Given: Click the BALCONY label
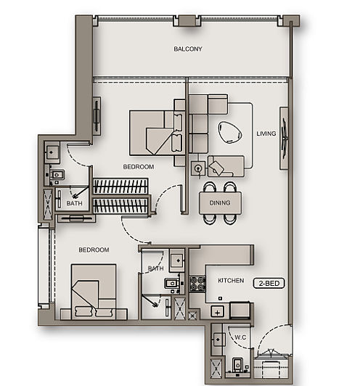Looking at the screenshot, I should point(187,49).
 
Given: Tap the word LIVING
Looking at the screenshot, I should point(266,134).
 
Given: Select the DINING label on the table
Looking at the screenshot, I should point(220,204).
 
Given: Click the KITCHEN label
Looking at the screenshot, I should point(231,279).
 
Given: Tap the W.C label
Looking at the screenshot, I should point(241,337).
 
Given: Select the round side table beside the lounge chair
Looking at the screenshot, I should point(197,168).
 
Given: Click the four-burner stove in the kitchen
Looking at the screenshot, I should point(197,284).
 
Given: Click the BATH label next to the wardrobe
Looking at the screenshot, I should point(74,204).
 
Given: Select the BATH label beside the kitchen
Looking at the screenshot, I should point(155,268).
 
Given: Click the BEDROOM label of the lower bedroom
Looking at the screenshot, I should point(94,250).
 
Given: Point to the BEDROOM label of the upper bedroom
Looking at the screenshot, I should point(138,167).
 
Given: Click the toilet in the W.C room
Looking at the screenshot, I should point(239,364).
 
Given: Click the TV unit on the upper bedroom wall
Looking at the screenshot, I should point(97,114).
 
